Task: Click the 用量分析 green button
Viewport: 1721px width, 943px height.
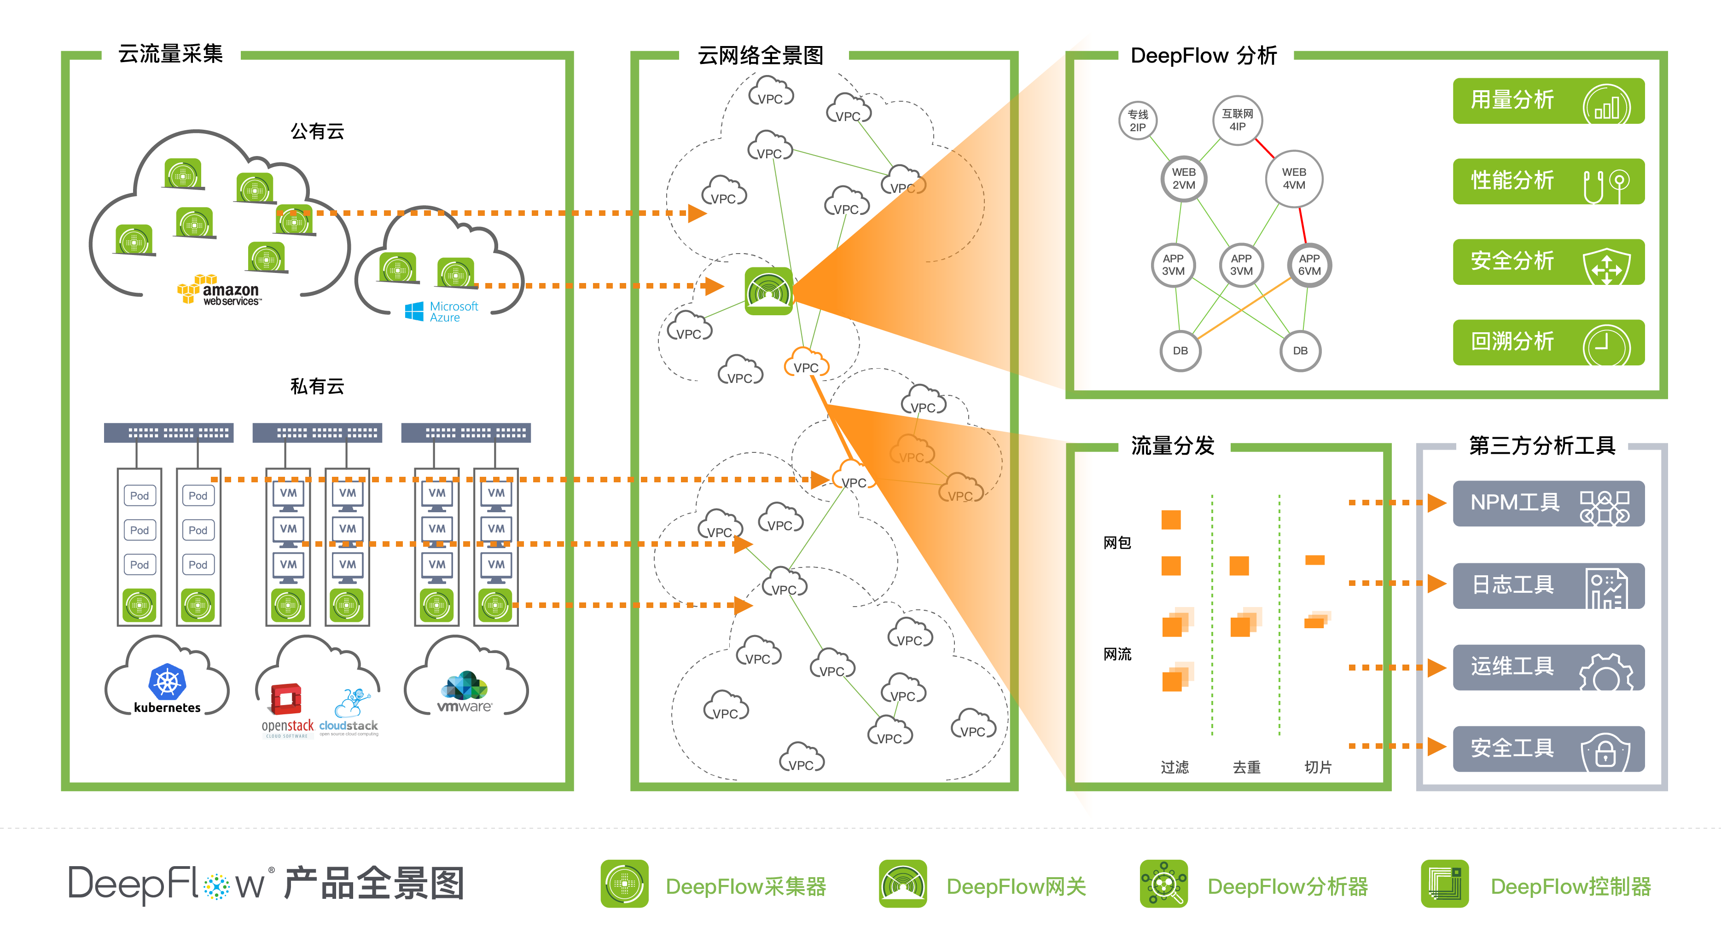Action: (x=1548, y=101)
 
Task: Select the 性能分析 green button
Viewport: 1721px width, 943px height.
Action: (x=1548, y=181)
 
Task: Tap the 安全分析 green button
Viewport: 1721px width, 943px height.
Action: (x=1548, y=262)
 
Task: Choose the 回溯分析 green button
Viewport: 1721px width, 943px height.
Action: (x=1548, y=342)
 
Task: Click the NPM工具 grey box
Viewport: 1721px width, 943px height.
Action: (x=1548, y=503)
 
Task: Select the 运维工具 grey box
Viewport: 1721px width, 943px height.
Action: (x=1548, y=667)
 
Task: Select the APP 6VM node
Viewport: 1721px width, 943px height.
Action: (x=1309, y=265)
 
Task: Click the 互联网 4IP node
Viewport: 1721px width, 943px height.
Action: (x=1237, y=120)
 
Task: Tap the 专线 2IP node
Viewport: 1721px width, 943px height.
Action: (x=1137, y=121)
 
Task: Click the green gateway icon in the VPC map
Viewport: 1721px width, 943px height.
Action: (x=769, y=291)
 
